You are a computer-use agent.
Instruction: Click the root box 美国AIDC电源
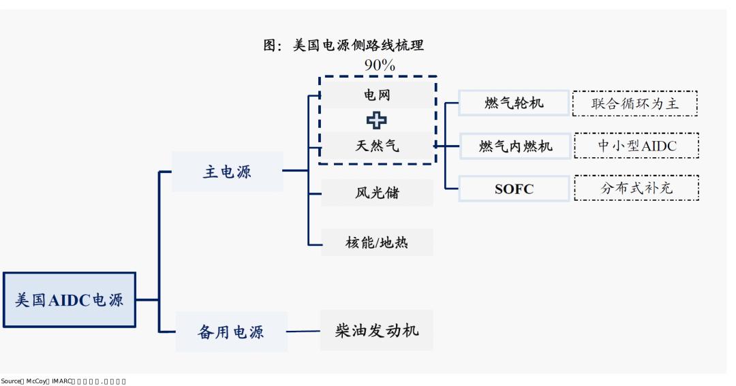(70, 300)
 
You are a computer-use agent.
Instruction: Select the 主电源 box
(227, 172)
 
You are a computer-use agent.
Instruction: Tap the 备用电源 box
(231, 332)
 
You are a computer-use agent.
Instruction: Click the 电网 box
(377, 95)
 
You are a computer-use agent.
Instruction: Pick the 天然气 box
(377, 145)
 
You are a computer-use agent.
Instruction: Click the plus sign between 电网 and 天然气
(376, 120)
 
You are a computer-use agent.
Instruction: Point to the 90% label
(380, 65)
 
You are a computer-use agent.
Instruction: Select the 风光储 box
(377, 193)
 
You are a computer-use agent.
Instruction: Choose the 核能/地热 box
(377, 242)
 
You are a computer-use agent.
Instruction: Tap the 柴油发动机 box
(377, 331)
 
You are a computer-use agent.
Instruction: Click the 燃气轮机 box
(514, 103)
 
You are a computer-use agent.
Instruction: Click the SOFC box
(514, 189)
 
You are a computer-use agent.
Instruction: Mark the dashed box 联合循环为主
(635, 103)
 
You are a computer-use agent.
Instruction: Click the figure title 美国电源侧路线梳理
(343, 46)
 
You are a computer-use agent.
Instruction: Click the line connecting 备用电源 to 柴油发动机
(303, 332)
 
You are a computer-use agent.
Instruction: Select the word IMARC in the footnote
(61, 381)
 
